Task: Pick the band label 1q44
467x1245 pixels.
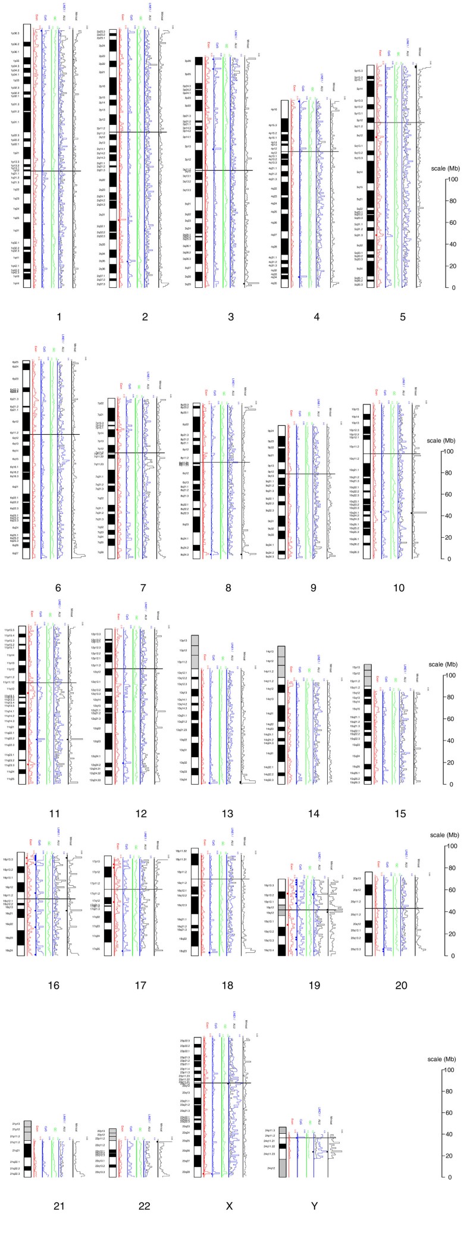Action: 15,283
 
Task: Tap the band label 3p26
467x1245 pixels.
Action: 187,61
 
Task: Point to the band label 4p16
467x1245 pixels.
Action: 274,109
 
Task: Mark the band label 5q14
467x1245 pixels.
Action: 359,172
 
